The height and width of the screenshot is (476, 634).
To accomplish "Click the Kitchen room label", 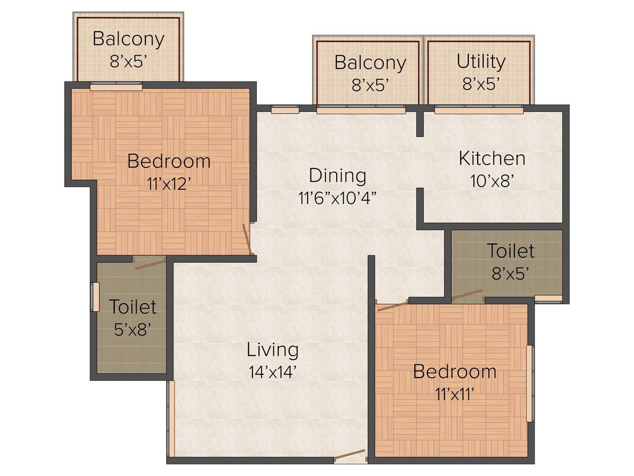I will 492,159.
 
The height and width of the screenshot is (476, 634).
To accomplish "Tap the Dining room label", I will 337,176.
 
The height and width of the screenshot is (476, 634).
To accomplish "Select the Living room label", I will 272,349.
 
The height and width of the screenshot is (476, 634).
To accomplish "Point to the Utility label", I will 481,62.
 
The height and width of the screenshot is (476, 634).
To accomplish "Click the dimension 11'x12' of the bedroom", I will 168,184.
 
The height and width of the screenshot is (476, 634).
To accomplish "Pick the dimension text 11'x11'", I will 454,394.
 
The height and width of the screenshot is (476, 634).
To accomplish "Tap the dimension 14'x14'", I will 272,373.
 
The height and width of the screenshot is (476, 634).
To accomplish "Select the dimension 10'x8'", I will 492,181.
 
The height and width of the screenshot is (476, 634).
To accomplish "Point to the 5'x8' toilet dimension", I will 132,329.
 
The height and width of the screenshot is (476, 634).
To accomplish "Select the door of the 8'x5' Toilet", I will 467,296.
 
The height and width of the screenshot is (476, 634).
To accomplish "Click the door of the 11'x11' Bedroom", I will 392,305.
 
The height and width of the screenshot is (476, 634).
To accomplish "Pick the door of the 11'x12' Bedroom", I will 248,240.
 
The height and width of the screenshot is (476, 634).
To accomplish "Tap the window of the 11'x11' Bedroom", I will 529,383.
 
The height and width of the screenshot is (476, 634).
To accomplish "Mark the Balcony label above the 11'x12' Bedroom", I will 128,39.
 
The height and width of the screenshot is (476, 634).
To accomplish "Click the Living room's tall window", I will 171,419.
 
